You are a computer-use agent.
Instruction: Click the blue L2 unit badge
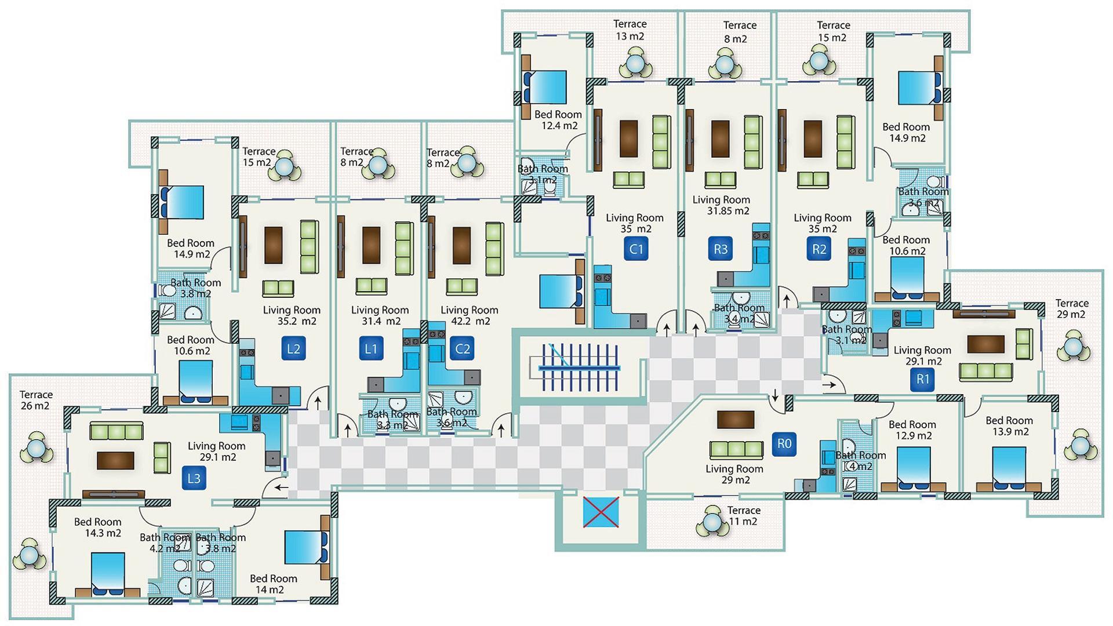(293, 349)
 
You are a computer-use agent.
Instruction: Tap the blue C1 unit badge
(636, 249)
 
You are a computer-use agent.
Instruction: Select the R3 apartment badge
(721, 249)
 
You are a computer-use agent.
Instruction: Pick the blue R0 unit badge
(784, 444)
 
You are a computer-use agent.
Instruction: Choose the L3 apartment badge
(194, 478)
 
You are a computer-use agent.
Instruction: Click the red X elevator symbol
(601, 512)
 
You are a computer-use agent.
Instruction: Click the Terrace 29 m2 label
(1071, 309)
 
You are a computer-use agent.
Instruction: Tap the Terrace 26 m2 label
(36, 401)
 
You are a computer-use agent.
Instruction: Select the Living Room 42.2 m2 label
(469, 315)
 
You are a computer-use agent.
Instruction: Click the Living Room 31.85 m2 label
(722, 205)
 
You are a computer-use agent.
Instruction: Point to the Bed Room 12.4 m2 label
(558, 120)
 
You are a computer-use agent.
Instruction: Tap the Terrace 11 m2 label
(743, 515)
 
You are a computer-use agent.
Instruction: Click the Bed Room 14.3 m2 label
(98, 527)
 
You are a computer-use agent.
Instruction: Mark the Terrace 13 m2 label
(630, 30)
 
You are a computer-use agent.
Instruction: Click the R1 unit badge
(922, 380)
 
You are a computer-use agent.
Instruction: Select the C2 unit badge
(462, 349)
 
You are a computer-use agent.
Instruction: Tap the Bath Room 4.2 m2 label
(164, 543)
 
